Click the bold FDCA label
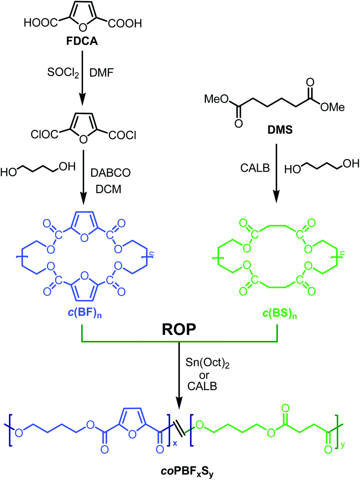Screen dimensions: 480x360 point(82,41)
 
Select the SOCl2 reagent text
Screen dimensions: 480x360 point(63,73)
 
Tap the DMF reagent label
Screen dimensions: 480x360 point(101,73)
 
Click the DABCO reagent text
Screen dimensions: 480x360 point(111,173)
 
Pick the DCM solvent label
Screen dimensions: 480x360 point(108,189)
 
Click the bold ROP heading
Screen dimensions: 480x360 point(179,329)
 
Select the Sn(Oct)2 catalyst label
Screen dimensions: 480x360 point(207,363)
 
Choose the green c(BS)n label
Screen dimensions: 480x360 point(279,314)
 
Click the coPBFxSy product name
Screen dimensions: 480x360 point(187,471)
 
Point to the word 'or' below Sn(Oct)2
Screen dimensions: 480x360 point(204,375)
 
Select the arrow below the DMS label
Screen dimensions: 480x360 point(277,173)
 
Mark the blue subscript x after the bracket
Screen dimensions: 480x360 point(175,443)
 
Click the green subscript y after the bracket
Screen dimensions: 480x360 point(343,445)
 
